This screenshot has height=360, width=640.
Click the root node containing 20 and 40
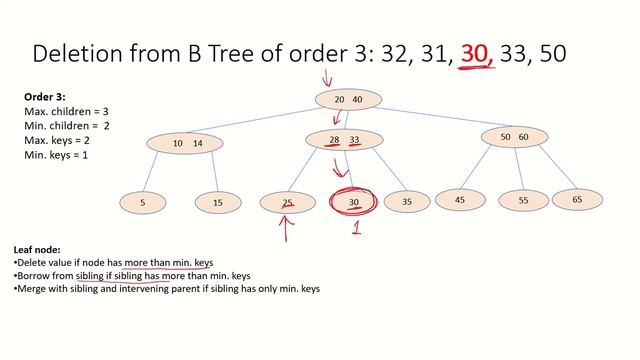348,99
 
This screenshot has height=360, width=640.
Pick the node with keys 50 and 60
514,136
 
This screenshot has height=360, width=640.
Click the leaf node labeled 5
143,202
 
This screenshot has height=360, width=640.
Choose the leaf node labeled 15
218,202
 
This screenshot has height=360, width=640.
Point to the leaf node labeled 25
287,202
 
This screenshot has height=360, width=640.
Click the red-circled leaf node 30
353,202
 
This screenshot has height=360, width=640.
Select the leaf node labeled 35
406,202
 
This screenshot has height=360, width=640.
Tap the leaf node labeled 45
460,200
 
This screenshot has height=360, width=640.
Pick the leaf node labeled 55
524,201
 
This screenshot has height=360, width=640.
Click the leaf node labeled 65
577,200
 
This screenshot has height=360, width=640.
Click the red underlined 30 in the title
477,52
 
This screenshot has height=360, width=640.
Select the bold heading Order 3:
46,97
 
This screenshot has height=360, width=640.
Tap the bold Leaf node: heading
39,249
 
